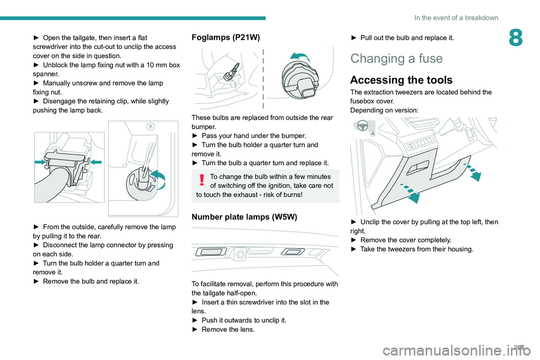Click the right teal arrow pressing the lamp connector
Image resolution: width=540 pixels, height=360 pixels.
96,162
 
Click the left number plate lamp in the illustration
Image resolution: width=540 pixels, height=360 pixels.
206,253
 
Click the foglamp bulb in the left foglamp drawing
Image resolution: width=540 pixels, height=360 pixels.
231,70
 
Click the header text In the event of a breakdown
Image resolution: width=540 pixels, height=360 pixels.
456,17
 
